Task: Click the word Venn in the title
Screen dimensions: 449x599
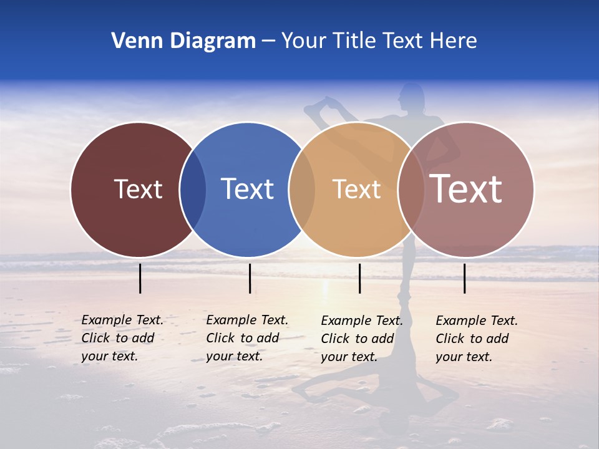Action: [132, 41]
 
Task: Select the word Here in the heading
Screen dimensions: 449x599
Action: [454, 41]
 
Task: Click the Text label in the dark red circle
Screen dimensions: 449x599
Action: [138, 189]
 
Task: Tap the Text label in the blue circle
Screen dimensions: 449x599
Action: [247, 189]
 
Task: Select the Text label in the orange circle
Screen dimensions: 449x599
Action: [356, 189]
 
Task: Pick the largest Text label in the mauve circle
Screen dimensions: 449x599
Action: [466, 188]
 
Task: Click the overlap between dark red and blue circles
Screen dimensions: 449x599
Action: [193, 190]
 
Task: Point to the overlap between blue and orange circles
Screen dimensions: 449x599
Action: [302, 190]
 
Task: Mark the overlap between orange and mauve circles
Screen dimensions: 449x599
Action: [411, 190]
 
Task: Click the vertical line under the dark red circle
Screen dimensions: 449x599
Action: [140, 278]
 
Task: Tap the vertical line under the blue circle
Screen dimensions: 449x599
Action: [250, 278]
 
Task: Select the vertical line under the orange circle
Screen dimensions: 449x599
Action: [359, 278]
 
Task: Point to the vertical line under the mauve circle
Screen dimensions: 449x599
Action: [464, 278]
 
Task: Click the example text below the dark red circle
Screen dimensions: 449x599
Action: [122, 338]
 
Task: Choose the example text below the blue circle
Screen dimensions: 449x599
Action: [246, 338]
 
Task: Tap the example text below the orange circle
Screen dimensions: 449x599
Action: [361, 338]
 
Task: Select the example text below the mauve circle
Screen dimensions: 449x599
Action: [476, 338]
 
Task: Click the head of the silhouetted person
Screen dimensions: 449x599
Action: [412, 95]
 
